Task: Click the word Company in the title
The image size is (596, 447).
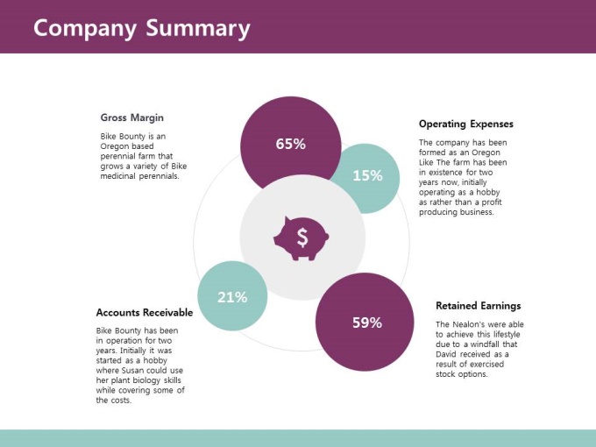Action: point(85,29)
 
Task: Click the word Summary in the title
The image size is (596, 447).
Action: point(198,29)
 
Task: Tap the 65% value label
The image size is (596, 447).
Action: point(291,144)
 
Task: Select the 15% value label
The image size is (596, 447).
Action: point(367,175)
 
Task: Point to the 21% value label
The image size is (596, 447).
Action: point(232,297)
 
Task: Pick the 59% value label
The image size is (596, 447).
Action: point(367,323)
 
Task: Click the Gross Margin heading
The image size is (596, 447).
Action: point(131,117)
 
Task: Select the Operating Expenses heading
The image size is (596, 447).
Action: point(466,124)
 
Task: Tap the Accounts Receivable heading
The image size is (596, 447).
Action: point(145,312)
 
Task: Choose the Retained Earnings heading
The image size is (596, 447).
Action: point(479,306)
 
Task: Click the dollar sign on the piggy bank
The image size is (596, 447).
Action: point(302,238)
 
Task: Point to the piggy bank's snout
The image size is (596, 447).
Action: point(325,238)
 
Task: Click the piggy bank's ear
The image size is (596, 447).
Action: point(287,221)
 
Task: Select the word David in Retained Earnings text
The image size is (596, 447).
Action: point(446,354)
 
